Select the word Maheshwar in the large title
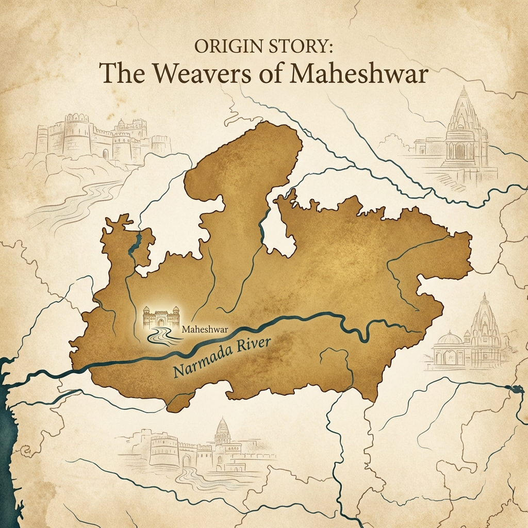tap(360, 74)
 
